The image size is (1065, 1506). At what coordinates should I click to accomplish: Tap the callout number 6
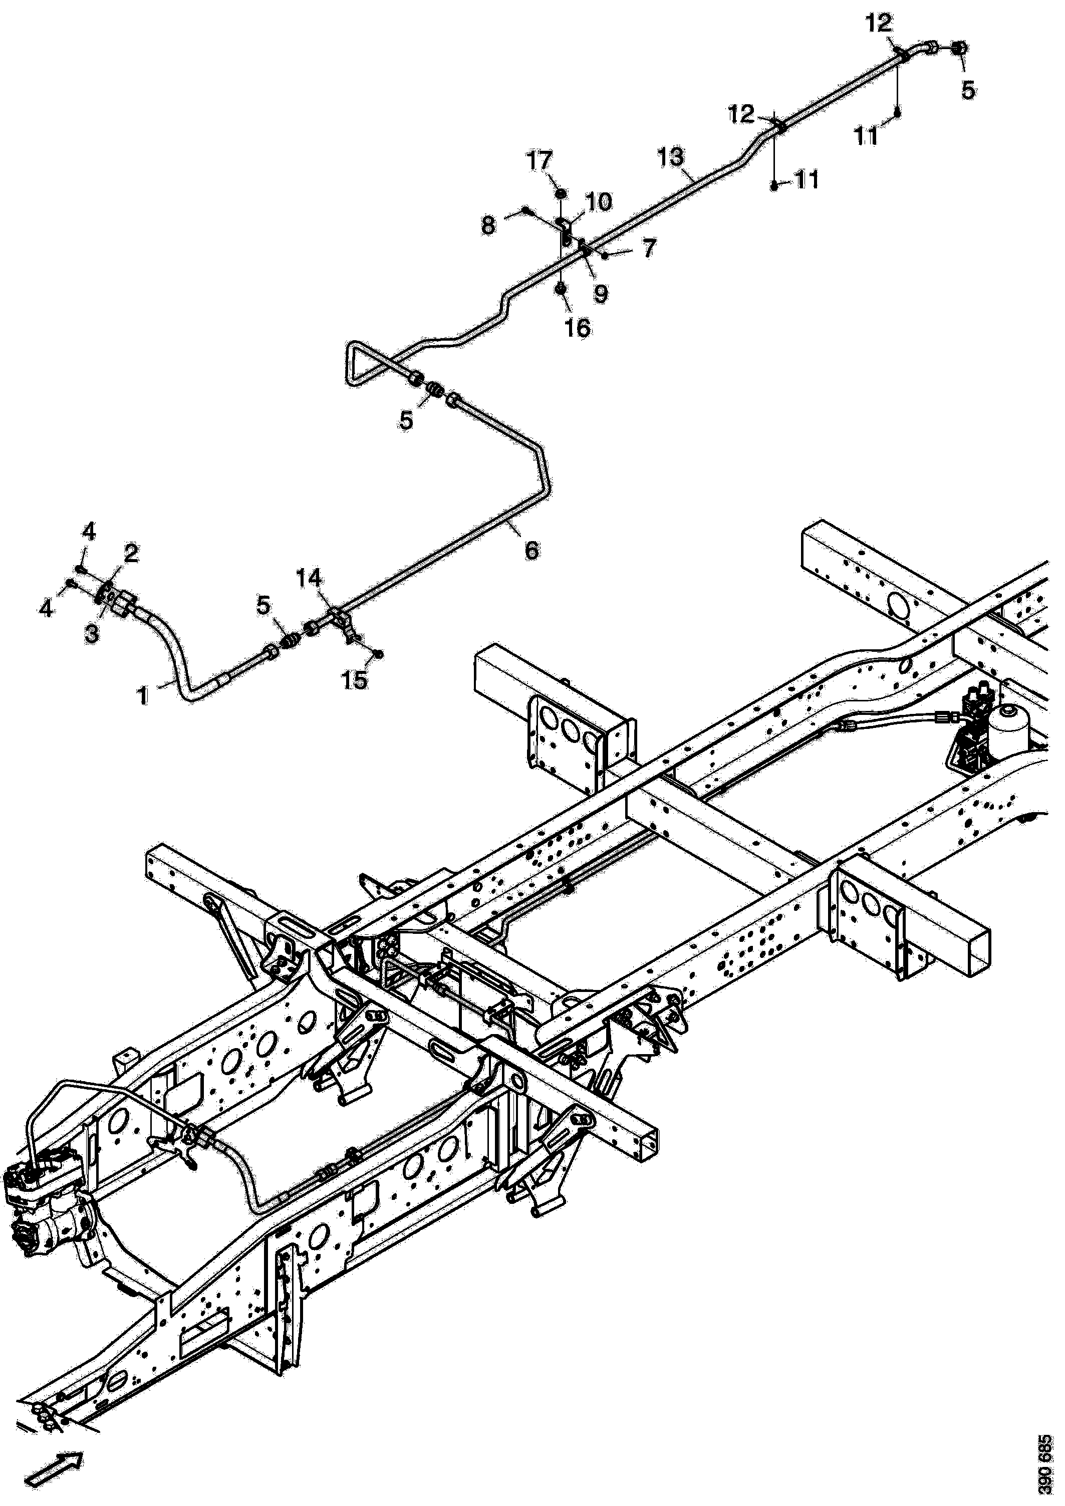pos(532,550)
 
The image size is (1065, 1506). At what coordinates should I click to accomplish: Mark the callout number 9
pos(600,293)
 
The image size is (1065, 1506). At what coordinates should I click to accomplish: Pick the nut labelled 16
pos(562,289)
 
